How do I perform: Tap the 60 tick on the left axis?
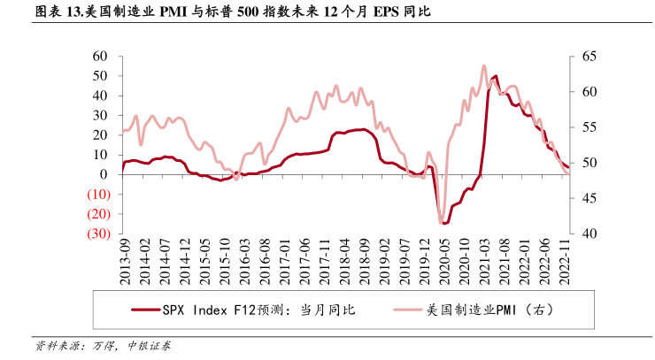[100, 56]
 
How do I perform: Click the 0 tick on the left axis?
[104, 174]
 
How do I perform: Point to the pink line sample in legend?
[396, 310]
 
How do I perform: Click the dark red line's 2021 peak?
[495, 77]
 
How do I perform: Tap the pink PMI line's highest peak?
[483, 65]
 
